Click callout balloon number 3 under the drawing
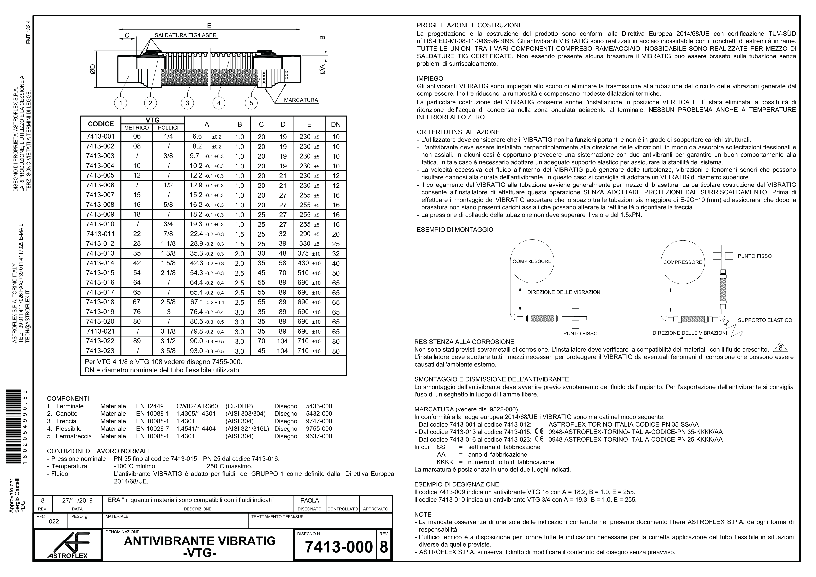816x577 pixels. (x=187, y=103)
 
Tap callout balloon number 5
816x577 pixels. (x=251, y=103)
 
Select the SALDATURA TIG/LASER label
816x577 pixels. (x=185, y=36)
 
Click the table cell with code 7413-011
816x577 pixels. (x=101, y=234)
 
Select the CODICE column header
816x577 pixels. (x=101, y=124)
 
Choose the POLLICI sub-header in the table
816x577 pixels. (x=168, y=128)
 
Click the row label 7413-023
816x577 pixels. (x=101, y=351)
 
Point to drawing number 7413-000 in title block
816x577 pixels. (x=338, y=547)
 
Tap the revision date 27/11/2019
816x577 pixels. (x=77, y=501)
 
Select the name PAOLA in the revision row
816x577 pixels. (x=309, y=501)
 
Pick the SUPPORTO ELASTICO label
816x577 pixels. (x=765, y=320)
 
